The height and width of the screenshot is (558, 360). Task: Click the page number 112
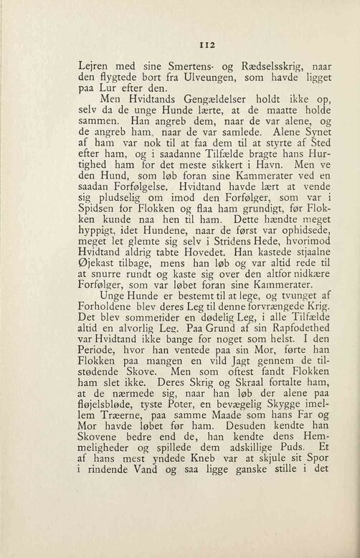point(179,42)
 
